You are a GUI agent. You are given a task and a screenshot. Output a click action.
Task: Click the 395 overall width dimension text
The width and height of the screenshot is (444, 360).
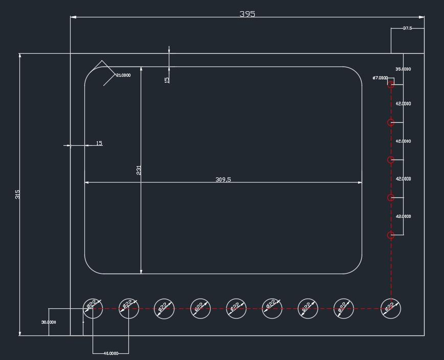[x=247, y=14]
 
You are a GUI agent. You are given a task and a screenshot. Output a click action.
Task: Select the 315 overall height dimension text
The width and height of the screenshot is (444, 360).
[x=17, y=194]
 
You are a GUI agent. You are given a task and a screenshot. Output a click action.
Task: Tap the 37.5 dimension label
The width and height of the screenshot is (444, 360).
[x=407, y=28]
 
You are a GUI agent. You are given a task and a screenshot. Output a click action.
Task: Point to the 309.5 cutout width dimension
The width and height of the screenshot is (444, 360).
[x=223, y=179]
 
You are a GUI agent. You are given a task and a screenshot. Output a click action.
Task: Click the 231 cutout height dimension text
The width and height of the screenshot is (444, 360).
[x=139, y=170]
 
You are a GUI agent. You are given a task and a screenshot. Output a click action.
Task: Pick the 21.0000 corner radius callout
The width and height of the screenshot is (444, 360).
[x=123, y=75]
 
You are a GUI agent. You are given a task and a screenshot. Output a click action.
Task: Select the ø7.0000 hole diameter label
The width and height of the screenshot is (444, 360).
[x=380, y=78]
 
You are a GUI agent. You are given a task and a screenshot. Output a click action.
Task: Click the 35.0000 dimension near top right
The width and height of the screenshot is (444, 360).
[x=403, y=69]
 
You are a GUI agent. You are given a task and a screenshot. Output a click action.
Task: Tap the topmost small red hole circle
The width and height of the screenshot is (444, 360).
[x=391, y=84]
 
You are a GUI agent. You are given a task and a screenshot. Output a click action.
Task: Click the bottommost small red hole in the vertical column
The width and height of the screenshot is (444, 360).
[x=391, y=235]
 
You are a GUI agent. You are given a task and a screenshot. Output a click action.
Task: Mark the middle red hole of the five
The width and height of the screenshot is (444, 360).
[x=391, y=160]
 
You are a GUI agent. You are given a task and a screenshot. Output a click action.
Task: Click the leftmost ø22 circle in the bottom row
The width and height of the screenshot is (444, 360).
[x=93, y=308]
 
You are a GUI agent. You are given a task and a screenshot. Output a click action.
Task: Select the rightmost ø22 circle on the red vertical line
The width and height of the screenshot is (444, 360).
[x=391, y=308]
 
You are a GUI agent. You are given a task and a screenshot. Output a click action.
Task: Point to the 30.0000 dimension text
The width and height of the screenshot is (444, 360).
[x=49, y=322]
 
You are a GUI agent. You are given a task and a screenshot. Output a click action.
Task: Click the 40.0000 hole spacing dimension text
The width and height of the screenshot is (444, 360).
[x=110, y=353]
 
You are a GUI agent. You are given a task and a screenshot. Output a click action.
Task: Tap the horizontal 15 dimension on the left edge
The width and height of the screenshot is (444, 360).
[x=99, y=143]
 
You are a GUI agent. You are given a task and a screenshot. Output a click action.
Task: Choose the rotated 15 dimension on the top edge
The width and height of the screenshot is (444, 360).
[x=167, y=80]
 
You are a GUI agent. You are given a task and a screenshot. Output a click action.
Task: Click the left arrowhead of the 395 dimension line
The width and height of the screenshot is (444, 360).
[x=73, y=17]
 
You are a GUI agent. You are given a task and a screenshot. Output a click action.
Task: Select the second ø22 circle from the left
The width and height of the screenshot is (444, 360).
[x=129, y=308]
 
